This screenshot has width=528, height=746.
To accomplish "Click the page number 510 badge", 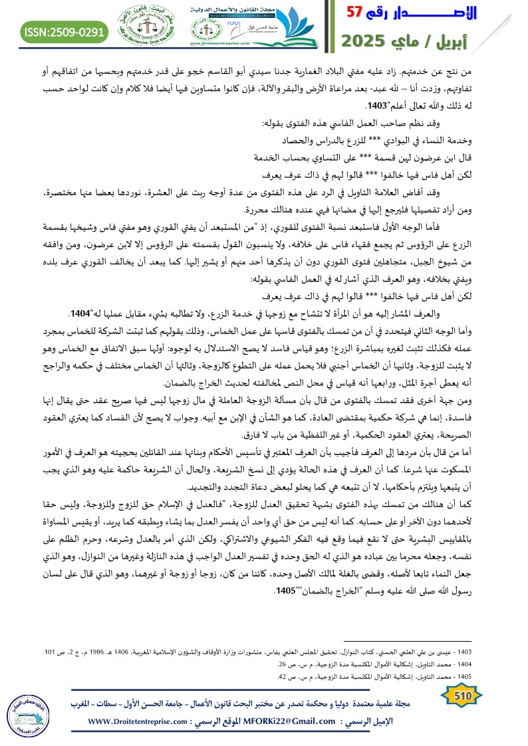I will [x=461, y=696].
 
